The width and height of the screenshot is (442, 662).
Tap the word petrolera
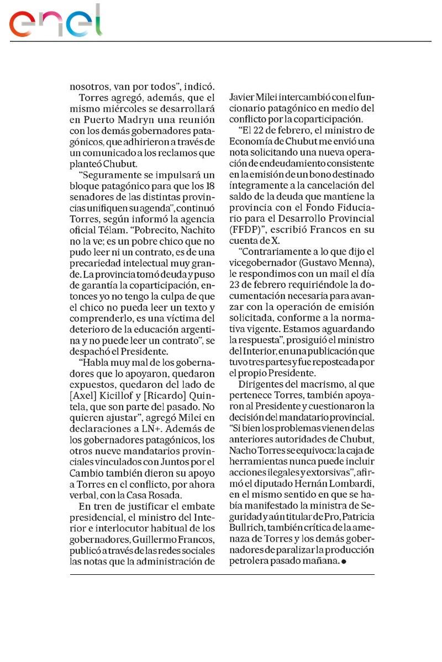pyautogui.click(x=254, y=560)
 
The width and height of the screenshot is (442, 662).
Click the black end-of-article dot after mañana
pyautogui.click(x=344, y=562)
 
